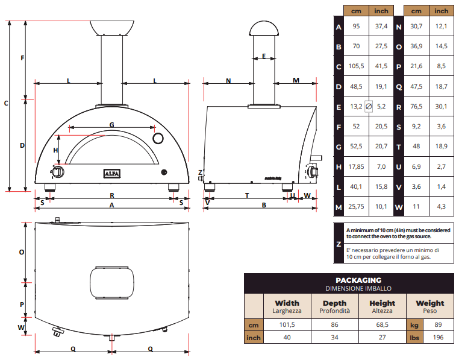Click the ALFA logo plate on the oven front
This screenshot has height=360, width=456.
(113, 173)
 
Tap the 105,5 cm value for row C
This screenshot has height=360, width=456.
(355, 66)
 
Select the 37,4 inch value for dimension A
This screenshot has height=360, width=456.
(381, 27)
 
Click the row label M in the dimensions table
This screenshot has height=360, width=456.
(339, 207)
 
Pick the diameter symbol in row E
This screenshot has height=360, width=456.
(369, 106)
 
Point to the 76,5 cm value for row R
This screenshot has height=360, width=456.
(417, 106)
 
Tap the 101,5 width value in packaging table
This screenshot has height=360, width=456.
(287, 325)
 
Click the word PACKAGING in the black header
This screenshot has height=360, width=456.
(358, 280)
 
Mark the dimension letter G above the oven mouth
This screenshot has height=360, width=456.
(112, 125)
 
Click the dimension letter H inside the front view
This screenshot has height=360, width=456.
(56, 150)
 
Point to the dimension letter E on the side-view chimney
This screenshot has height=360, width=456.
(264, 56)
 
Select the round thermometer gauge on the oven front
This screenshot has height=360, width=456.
(159, 139)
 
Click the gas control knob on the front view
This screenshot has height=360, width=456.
(58, 172)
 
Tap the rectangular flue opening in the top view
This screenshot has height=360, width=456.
(112, 282)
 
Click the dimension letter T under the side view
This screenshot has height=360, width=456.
(247, 195)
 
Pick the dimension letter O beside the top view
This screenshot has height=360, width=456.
(21, 252)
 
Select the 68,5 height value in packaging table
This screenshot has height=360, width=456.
(383, 325)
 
